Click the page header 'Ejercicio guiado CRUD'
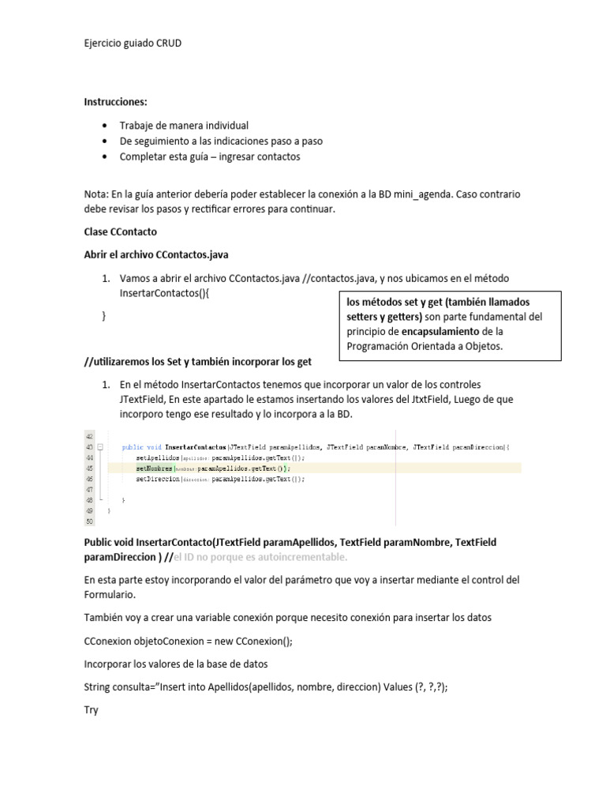click(133, 43)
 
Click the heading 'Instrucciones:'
click(115, 103)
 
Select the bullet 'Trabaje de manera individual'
click(184, 126)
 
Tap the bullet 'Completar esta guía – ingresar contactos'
click(210, 156)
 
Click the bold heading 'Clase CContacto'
click(121, 232)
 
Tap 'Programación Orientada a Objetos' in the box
click(423, 346)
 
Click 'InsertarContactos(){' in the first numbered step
click(166, 293)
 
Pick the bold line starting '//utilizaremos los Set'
click(198, 362)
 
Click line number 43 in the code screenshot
click(88, 447)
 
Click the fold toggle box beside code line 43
click(100, 447)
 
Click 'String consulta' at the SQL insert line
click(118, 687)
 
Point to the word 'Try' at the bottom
click(92, 710)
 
